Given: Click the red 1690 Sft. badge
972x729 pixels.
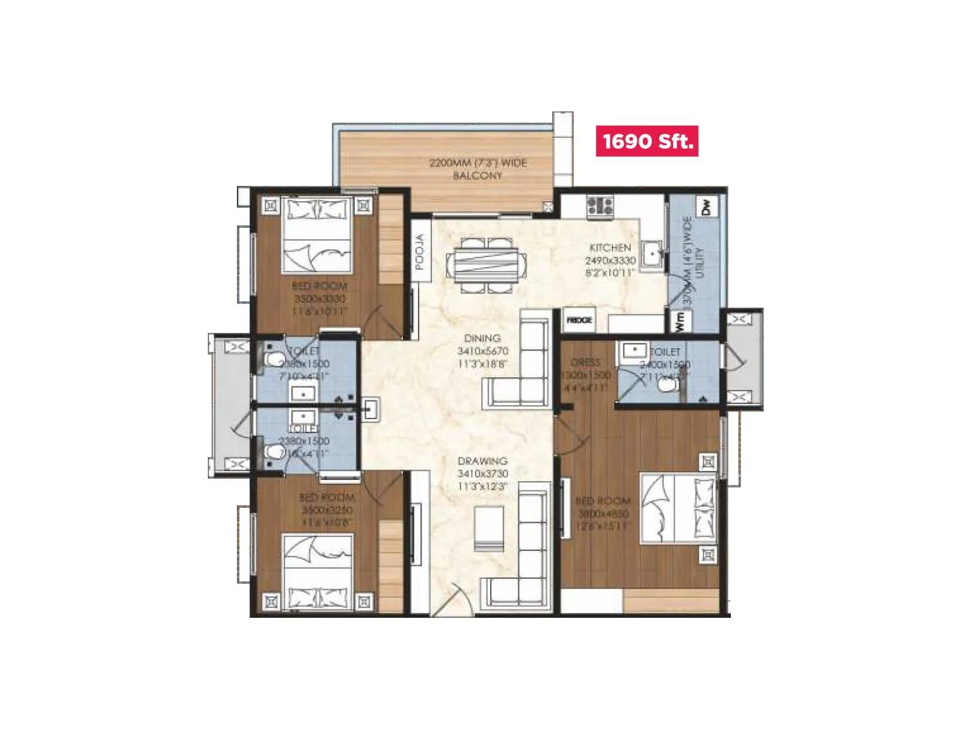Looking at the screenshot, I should click(x=646, y=141).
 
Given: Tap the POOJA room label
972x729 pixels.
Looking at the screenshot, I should click(x=420, y=252).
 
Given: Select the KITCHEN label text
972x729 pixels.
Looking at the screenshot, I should click(x=610, y=248).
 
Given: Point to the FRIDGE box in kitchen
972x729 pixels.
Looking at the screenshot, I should click(x=579, y=320).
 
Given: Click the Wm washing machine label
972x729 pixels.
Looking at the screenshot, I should click(x=680, y=321).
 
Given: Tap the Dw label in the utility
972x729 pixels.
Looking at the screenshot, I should click(x=706, y=207).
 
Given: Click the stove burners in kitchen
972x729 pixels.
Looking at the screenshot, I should click(x=600, y=205).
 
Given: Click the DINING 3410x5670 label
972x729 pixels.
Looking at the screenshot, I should click(x=482, y=351).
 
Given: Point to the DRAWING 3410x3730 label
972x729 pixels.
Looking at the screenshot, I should click(x=482, y=473).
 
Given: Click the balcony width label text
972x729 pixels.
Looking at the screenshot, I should click(x=478, y=169).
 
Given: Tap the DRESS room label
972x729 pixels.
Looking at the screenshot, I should click(x=586, y=362).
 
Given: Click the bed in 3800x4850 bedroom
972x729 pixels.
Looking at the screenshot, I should click(x=678, y=508).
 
